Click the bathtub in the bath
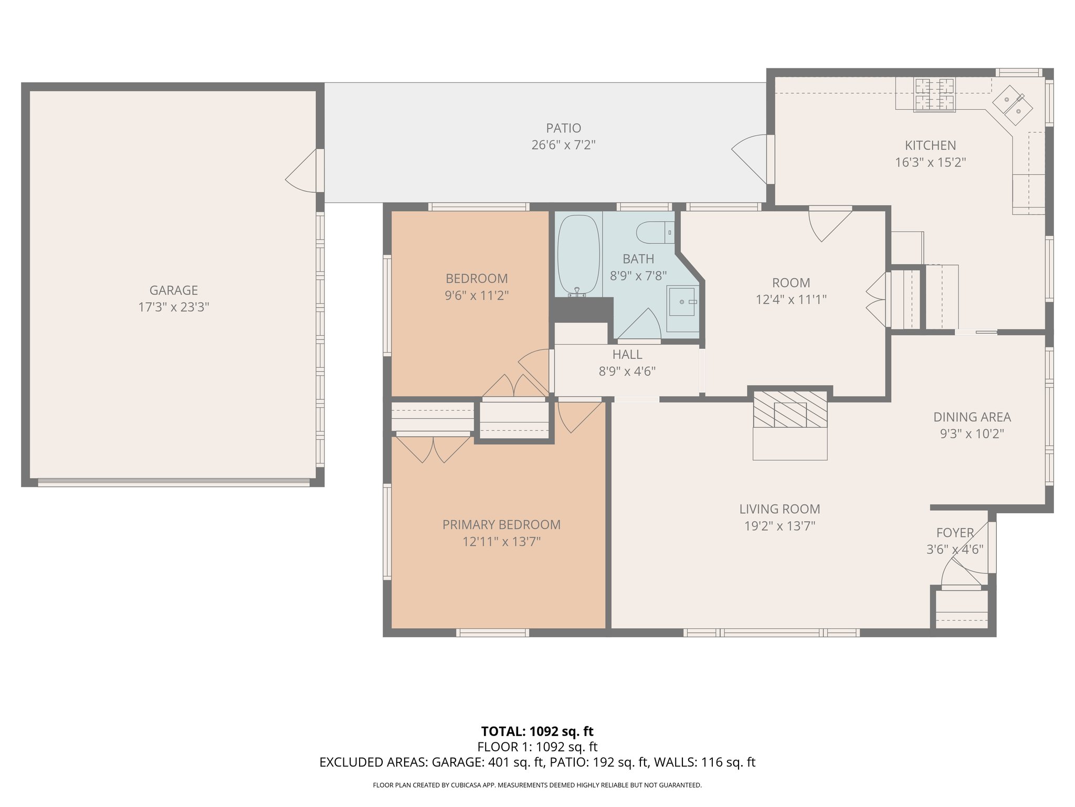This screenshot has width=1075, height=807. (x=578, y=256)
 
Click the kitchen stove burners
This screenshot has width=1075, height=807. (x=934, y=95)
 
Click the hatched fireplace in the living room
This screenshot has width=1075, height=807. (x=790, y=409)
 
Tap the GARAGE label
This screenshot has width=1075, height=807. (x=174, y=290)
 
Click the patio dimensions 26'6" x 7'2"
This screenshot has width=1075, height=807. (x=564, y=145)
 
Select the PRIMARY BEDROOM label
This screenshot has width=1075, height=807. (x=501, y=524)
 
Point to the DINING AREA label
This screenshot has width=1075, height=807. (x=972, y=417)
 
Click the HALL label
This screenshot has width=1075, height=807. (x=627, y=354)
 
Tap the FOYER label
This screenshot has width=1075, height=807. (x=955, y=533)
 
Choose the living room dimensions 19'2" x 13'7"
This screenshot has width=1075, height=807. (x=780, y=526)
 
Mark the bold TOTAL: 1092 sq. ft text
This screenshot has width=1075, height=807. (x=537, y=731)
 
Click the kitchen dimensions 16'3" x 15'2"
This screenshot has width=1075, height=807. (x=931, y=162)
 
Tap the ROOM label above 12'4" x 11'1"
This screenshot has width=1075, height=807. (x=791, y=283)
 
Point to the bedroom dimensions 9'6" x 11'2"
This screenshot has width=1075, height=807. (x=477, y=296)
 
